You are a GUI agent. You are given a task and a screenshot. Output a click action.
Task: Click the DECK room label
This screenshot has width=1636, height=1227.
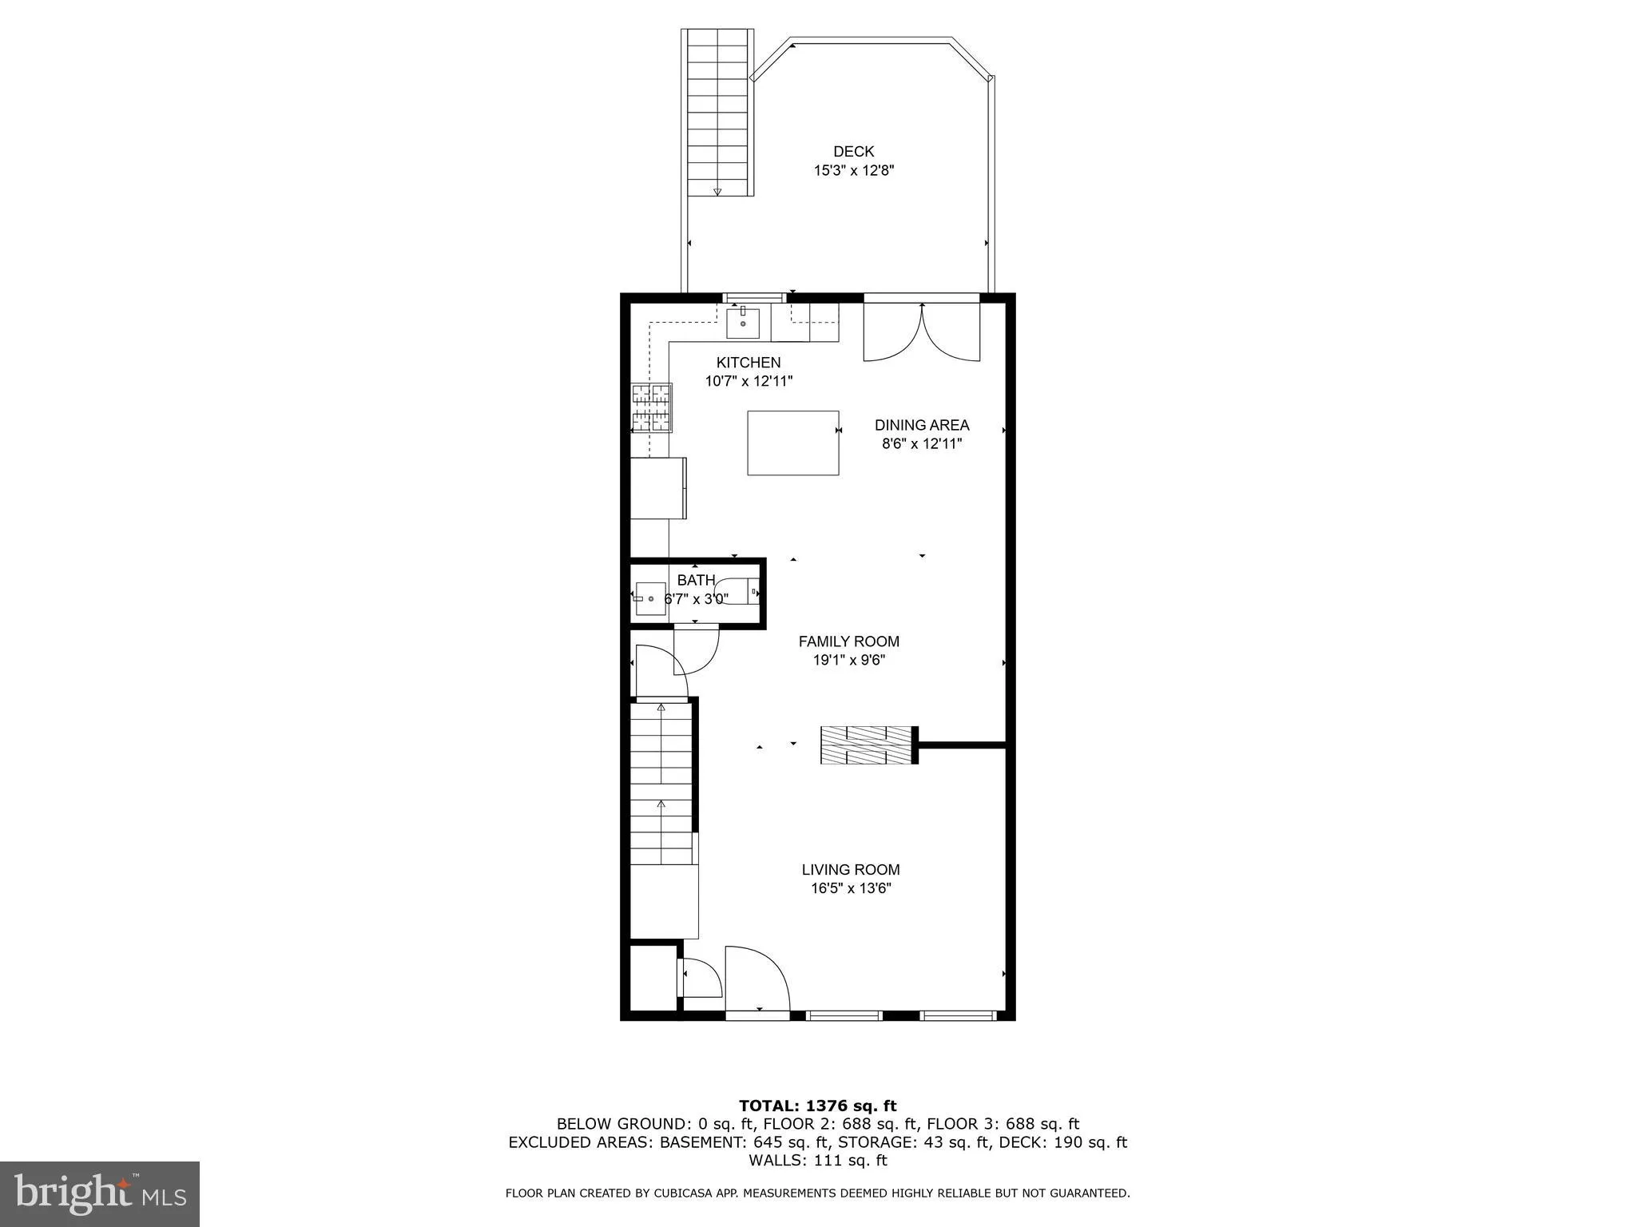click(x=853, y=151)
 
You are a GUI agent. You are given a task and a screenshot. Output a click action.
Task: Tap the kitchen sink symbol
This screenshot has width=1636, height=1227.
click(x=743, y=323)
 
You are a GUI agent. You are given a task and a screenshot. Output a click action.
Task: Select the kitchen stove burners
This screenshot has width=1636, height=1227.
click(x=652, y=408)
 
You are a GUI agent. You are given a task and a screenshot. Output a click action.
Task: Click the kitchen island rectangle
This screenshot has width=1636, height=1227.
click(x=792, y=443)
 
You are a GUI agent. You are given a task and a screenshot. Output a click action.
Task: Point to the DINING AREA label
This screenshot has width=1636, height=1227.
click(x=921, y=425)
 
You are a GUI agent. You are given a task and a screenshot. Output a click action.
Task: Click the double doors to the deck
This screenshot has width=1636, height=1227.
click(x=922, y=334)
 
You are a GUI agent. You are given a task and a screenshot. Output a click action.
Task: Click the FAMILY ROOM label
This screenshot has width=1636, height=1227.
click(x=848, y=641)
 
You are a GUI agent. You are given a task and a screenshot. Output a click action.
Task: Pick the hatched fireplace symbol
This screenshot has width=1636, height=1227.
click(x=868, y=745)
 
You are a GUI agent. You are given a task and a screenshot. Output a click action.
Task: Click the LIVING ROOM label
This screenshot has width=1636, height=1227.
click(x=850, y=870)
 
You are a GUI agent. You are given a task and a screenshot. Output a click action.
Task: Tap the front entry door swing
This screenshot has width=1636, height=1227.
click(x=756, y=982)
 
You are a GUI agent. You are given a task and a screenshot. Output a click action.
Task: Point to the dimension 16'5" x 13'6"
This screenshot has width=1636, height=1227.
click(x=850, y=889)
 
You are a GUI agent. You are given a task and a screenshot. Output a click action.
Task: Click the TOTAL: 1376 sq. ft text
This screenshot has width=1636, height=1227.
click(x=817, y=1106)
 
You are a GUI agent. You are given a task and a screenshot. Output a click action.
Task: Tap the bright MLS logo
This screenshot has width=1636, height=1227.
click(x=100, y=1193)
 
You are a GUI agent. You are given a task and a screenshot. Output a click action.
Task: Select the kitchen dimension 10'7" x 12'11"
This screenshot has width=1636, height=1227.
click(x=749, y=382)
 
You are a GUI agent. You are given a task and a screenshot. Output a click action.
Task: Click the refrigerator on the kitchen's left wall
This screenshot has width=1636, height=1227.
click(x=658, y=487)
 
